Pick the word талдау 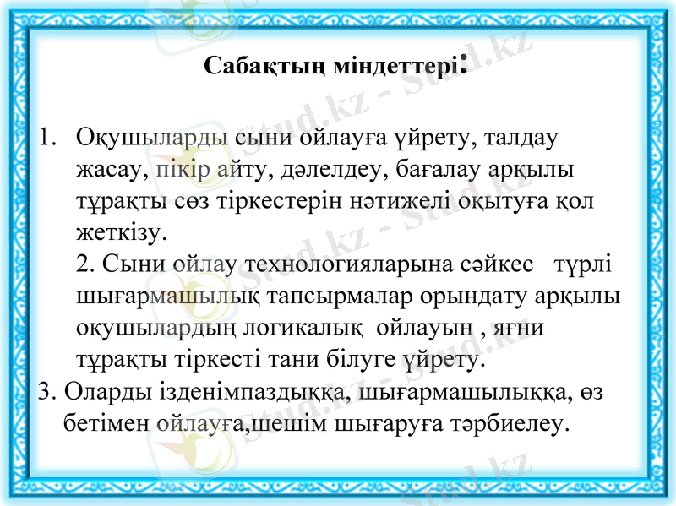(514, 137)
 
